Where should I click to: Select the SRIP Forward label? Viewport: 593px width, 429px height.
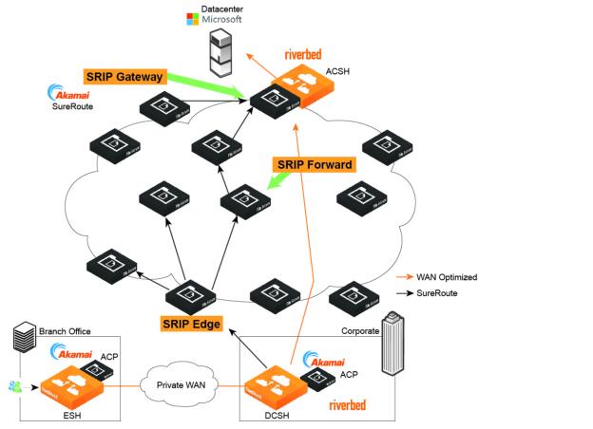(314, 164)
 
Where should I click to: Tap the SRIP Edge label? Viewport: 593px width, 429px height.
(190, 325)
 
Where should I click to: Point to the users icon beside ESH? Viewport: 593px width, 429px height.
(16, 385)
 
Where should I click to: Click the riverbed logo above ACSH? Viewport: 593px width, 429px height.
(309, 54)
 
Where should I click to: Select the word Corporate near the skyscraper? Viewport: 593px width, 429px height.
(360, 331)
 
